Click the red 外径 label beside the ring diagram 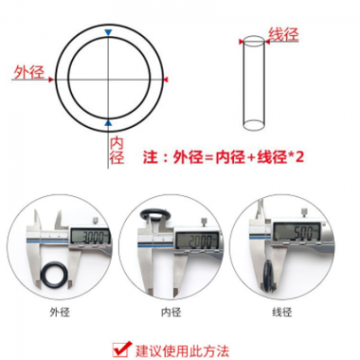point(30,72)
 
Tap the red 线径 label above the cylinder point(283,34)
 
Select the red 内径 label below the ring point(116,150)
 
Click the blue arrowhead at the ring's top point(108,32)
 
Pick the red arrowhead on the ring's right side point(166,79)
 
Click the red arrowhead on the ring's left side point(51,79)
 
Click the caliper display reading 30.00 point(90,237)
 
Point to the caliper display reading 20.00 point(197,240)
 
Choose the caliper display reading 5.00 point(297,232)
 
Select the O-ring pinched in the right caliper point(268,274)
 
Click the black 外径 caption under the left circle point(59,312)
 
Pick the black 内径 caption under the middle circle point(171,312)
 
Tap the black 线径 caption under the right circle point(283,312)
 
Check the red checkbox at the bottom point(121,350)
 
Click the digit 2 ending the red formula point(299,157)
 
